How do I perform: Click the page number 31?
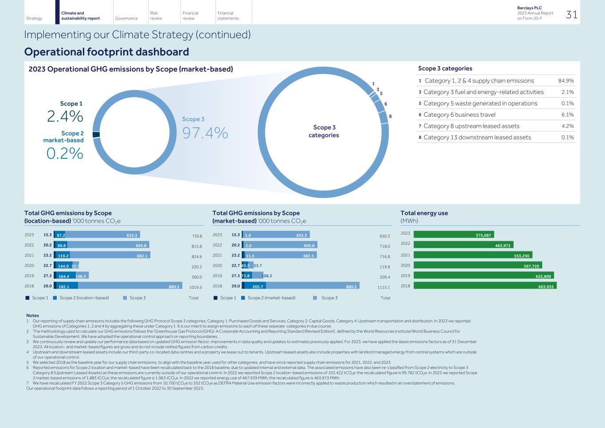[x=571, y=15]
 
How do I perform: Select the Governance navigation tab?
[x=126, y=18]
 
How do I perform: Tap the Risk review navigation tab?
[x=156, y=16]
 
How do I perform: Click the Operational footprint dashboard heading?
[x=106, y=52]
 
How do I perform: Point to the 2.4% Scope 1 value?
[x=65, y=116]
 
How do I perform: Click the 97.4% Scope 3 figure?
[x=205, y=132]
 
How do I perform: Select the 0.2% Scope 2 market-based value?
[x=65, y=153]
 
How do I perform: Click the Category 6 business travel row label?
[x=459, y=114]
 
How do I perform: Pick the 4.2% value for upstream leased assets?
[x=567, y=126]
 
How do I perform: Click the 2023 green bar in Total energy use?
[x=453, y=235]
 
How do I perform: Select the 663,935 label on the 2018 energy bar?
[x=546, y=287]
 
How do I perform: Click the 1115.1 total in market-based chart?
[x=383, y=287]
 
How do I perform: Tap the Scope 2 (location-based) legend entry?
[x=84, y=298]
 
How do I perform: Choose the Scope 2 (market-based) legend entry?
[x=271, y=298]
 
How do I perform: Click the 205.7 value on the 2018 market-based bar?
[x=258, y=287]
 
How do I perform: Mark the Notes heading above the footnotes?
[x=32, y=315]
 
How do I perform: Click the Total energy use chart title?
[x=424, y=213]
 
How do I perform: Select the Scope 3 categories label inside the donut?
[x=324, y=131]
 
